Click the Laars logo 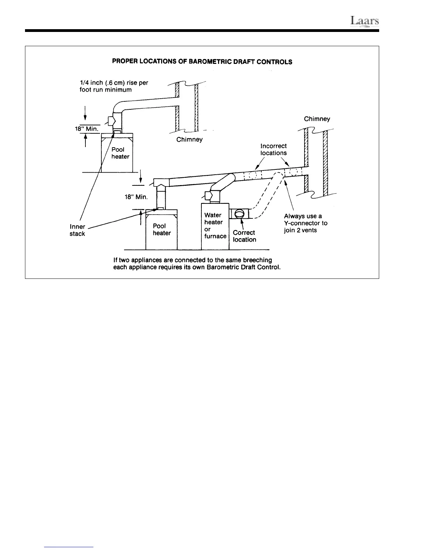click(364, 22)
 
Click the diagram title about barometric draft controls click(202, 62)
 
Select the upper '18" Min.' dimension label click(87, 128)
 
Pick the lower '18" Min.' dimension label click(136, 197)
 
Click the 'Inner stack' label click(77, 230)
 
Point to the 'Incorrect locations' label click(274, 149)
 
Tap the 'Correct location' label click(244, 236)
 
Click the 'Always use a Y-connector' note click(306, 223)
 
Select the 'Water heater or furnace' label click(215, 226)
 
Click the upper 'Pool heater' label click(120, 153)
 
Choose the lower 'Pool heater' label click(161, 230)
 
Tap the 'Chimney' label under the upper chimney click(189, 140)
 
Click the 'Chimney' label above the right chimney click(317, 119)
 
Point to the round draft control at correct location click(240, 213)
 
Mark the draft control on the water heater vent click(208, 196)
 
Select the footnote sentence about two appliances click(197, 264)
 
